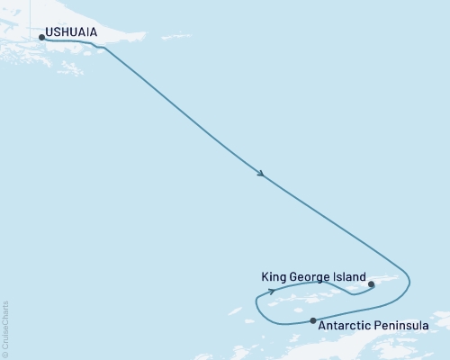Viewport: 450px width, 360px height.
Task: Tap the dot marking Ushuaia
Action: [41, 37]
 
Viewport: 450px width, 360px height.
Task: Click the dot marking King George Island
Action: [372, 283]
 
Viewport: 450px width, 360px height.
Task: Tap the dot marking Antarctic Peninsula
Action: [313, 320]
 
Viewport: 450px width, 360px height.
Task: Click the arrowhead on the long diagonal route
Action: [260, 174]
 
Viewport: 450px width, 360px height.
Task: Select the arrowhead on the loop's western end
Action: [271, 292]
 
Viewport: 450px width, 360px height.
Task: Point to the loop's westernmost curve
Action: [257, 307]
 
